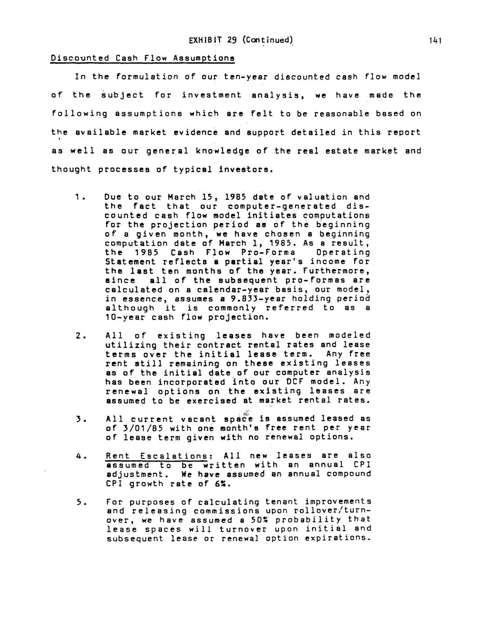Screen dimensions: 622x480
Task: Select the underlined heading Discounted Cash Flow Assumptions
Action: click(x=142, y=58)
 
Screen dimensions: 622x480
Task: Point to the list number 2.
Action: click(x=79, y=335)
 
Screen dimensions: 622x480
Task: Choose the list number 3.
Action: click(x=79, y=419)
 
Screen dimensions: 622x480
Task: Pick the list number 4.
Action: click(x=79, y=456)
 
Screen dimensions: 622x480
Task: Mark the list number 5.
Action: click(x=79, y=502)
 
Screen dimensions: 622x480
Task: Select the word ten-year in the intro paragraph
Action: click(x=247, y=77)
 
